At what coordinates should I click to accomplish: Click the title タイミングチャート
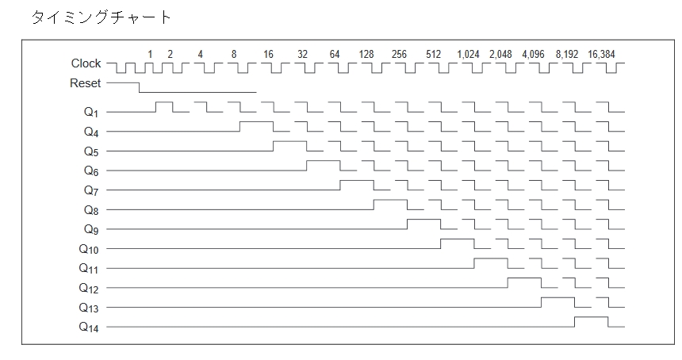tap(102, 17)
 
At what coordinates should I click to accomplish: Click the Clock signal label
tap(86, 63)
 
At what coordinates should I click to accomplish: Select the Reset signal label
tap(86, 83)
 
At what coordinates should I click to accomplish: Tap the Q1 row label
tap(91, 112)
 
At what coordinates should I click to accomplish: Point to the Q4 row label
tap(91, 132)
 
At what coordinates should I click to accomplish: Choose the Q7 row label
tap(91, 190)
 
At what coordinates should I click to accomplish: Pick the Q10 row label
tap(89, 249)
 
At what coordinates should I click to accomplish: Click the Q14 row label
tap(89, 327)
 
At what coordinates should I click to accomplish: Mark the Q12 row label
tap(89, 288)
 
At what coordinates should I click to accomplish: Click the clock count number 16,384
tap(601, 55)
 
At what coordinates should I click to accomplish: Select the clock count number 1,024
tap(468, 55)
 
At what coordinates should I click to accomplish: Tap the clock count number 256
tap(399, 55)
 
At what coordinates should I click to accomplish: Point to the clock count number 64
tap(335, 55)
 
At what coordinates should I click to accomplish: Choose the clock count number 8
tap(234, 55)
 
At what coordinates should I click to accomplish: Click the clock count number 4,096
tap(533, 55)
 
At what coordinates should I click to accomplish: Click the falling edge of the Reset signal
tap(140, 87)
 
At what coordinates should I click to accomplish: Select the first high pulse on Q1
tap(164, 102)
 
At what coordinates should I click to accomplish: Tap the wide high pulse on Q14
tap(591, 317)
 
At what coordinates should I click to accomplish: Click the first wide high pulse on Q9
tap(423, 220)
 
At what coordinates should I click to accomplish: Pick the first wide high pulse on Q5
tap(289, 141)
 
